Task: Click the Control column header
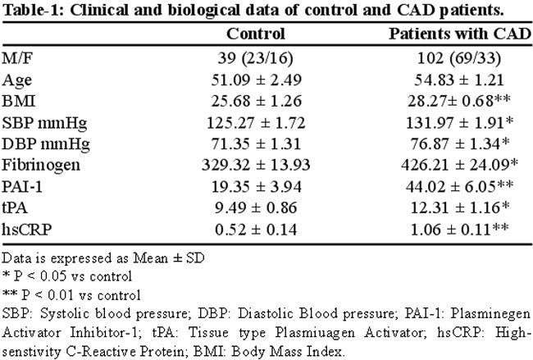(256, 34)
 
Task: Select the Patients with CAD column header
(460, 34)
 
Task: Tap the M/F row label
(17, 58)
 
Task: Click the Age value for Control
(257, 80)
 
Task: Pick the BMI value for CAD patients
(459, 101)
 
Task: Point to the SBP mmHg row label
(44, 123)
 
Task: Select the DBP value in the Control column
(256, 144)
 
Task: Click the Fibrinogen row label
(41, 165)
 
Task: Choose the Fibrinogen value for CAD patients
(459, 165)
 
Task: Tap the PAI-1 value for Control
(257, 187)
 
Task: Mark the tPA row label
(15, 207)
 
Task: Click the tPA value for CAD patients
(460, 207)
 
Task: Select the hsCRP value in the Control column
(256, 229)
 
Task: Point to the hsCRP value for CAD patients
(459, 229)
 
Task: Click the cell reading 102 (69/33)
(459, 58)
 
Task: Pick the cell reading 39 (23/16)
(255, 58)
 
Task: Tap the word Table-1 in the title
(34, 11)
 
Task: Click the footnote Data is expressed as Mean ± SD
(103, 258)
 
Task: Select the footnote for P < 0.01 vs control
(71, 295)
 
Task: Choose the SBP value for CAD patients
(459, 123)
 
